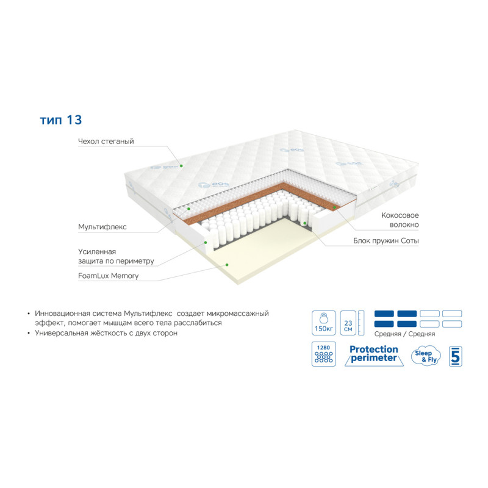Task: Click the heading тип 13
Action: (x=61, y=120)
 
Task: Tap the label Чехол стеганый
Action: (x=106, y=142)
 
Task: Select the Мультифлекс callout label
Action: (x=102, y=227)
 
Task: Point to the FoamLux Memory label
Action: (x=109, y=276)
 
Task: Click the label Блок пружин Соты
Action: (x=386, y=240)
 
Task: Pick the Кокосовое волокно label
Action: (x=400, y=220)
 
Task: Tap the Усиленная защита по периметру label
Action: (x=116, y=256)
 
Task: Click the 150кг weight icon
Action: (x=324, y=323)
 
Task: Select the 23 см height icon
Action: (x=348, y=323)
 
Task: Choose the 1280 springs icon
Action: (x=324, y=354)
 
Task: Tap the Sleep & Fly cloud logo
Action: (x=426, y=356)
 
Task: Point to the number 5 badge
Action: (x=455, y=356)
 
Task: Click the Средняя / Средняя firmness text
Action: (x=404, y=334)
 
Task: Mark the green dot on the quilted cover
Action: (x=181, y=166)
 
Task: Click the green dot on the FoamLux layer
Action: (x=227, y=265)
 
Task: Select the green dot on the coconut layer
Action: (x=335, y=207)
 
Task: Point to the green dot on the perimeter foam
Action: (x=206, y=242)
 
